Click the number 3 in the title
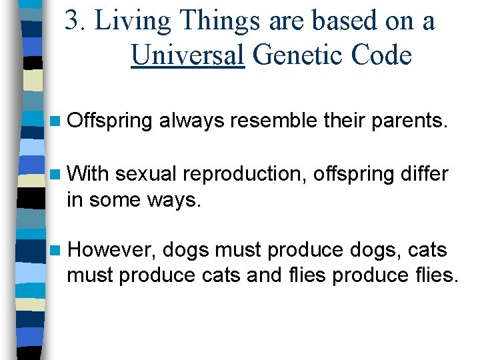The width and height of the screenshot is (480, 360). coord(73,21)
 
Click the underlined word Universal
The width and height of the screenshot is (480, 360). coord(187,55)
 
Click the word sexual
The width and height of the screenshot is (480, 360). coord(146,175)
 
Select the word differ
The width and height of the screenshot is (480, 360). coord(425,174)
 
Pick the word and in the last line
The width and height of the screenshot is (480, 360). coord(265,274)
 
